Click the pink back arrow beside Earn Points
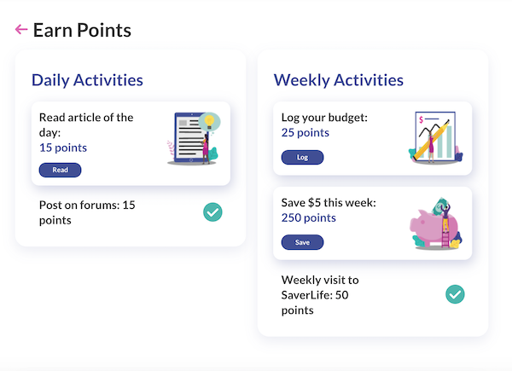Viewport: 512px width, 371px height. (x=21, y=29)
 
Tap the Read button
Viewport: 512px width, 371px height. (x=60, y=170)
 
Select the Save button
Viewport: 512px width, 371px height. (x=302, y=242)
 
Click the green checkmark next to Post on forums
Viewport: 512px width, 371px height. (x=212, y=212)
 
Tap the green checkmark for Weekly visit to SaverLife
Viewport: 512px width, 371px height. (x=455, y=294)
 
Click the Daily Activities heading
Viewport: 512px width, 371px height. (x=87, y=80)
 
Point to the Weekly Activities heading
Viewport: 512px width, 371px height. (x=339, y=80)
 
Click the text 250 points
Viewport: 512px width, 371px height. (x=309, y=217)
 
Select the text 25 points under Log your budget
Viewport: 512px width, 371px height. (x=305, y=132)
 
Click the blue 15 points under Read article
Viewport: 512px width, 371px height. (x=63, y=148)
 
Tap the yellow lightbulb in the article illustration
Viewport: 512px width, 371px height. (x=209, y=121)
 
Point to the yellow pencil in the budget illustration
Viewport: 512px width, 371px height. (x=431, y=140)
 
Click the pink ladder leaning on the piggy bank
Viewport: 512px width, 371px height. (x=445, y=235)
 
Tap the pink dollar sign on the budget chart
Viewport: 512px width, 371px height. (x=422, y=120)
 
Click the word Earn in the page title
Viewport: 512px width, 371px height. (x=53, y=31)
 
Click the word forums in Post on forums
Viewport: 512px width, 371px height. (x=100, y=205)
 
